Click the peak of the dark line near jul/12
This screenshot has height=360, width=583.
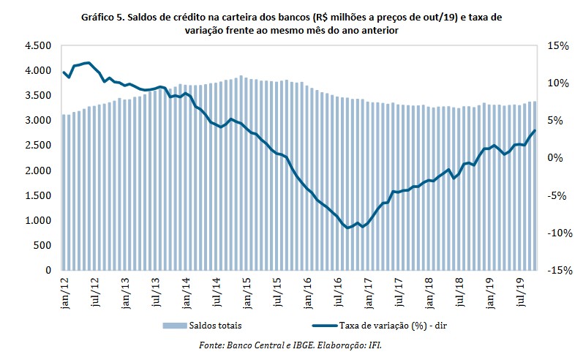pos(88,63)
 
